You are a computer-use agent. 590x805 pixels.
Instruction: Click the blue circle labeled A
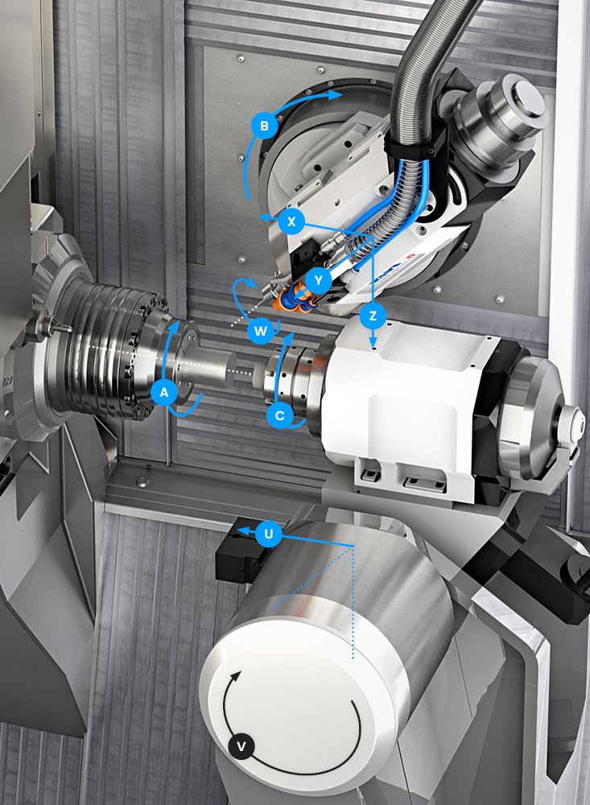[x=164, y=394]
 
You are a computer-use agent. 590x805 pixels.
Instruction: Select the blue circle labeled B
[x=265, y=126]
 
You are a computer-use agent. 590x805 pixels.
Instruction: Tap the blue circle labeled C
[x=280, y=415]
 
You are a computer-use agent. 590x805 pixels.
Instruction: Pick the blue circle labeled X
[x=291, y=222]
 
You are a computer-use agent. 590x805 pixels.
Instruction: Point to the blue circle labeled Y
[x=320, y=280]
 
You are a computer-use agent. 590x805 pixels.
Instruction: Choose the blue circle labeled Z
[x=373, y=316]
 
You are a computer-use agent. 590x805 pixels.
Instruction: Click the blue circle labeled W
[x=260, y=331]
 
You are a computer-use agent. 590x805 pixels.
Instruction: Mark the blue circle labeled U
[x=269, y=535]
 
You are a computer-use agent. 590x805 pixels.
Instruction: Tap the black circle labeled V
[x=241, y=746]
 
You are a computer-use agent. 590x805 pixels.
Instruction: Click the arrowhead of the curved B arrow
[x=336, y=94]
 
